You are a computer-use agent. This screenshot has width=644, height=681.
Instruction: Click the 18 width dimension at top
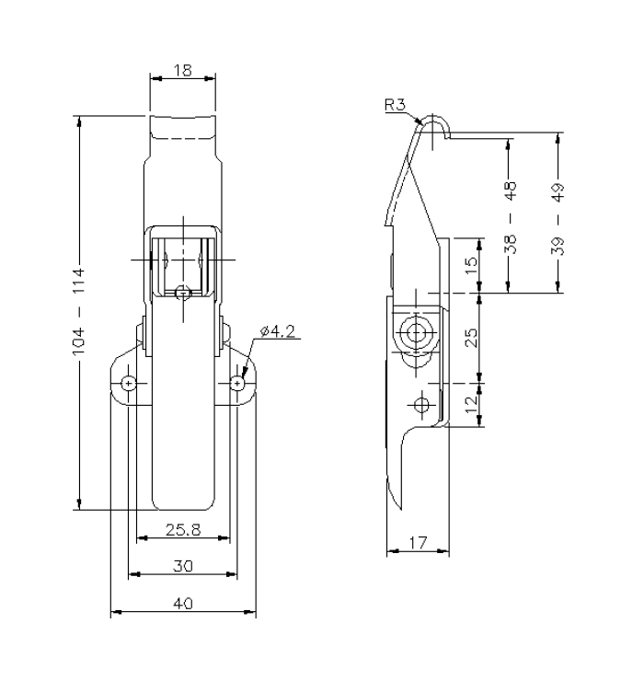pos(183,71)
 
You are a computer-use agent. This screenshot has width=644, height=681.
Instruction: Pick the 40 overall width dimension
pos(182,604)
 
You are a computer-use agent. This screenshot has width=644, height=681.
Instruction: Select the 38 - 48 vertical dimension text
pos(512,216)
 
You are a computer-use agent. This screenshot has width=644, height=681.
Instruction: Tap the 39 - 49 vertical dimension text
pos(560,216)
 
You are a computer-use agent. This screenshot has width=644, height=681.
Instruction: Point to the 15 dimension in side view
pos(469,265)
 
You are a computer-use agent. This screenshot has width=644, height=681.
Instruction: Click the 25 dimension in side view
pos(469,337)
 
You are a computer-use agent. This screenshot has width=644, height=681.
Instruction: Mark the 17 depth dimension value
pos(419,542)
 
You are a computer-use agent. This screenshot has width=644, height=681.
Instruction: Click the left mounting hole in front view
pos(129,382)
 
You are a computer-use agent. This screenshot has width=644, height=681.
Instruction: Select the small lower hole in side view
pos(422,404)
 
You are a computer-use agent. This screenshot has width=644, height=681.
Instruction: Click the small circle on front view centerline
pos(183,292)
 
